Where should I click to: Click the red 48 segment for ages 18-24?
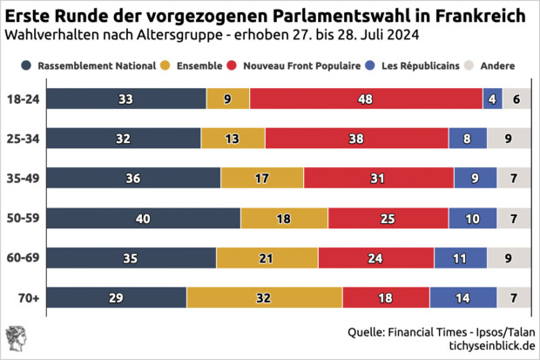[366, 99]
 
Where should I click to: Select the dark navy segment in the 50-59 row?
[143, 218]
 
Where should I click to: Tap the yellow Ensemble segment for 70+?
[264, 298]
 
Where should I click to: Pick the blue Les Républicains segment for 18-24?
[492, 99]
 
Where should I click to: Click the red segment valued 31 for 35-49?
[378, 178]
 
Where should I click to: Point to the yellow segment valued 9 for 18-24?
[227, 99]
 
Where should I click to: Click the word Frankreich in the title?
[476, 17]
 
